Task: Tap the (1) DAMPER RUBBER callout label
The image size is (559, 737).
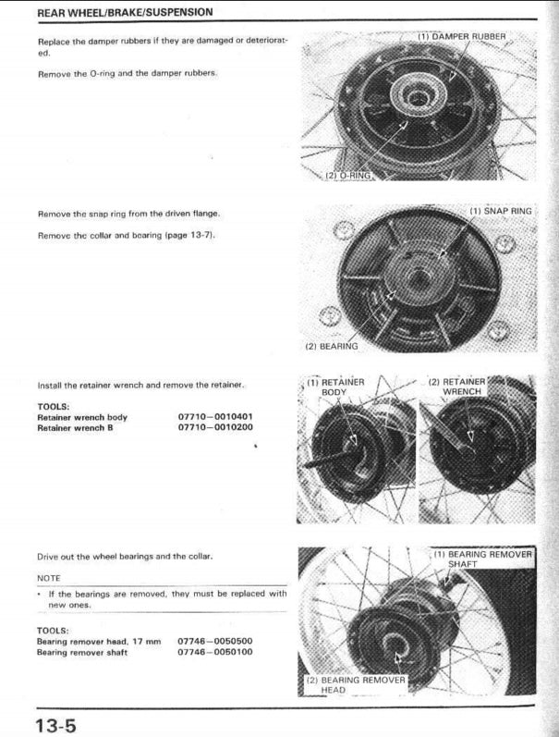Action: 461,36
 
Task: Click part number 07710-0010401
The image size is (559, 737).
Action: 215,417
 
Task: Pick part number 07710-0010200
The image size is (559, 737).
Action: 215,427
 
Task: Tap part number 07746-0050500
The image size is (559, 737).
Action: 215,641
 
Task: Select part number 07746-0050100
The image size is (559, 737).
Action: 215,652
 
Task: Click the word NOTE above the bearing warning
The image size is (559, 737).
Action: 49,577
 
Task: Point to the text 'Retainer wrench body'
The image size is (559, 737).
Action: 82,417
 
